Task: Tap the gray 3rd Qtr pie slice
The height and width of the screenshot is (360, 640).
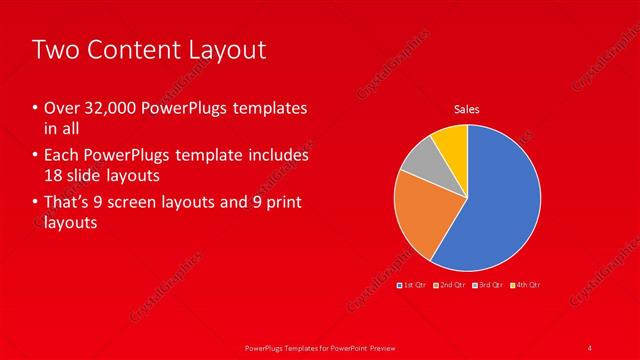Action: point(419,160)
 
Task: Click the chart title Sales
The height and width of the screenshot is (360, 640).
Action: point(467,108)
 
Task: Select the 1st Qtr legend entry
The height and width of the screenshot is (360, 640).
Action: point(413,285)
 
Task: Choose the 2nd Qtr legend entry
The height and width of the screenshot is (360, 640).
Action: point(451,285)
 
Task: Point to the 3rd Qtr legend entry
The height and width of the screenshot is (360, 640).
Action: point(488,285)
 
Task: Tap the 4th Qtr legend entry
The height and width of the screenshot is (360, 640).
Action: point(526,285)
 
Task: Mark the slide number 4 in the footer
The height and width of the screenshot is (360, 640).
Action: point(590,347)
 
